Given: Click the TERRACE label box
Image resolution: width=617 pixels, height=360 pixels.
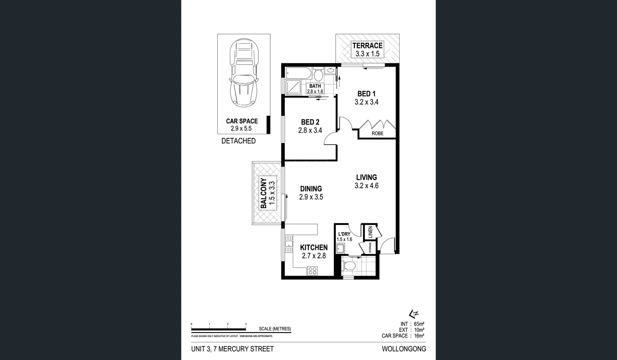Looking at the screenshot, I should [367, 50].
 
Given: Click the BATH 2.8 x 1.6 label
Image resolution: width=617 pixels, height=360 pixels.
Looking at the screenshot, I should [315, 89].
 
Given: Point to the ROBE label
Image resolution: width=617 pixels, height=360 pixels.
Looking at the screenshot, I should [377, 133].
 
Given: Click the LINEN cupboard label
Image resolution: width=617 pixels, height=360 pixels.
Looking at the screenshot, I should [370, 232].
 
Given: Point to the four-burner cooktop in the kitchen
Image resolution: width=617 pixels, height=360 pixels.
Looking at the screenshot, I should [312, 271].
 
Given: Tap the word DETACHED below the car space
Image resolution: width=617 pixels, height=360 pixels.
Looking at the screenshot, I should [238, 141].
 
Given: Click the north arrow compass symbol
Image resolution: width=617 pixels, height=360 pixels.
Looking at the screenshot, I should [414, 314].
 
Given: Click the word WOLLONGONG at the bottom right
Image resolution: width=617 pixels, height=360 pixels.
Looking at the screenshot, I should [404, 349].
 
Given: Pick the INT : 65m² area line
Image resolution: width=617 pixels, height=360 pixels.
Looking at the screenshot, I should [412, 324].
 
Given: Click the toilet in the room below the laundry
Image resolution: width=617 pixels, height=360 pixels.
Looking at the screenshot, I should [349, 266].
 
